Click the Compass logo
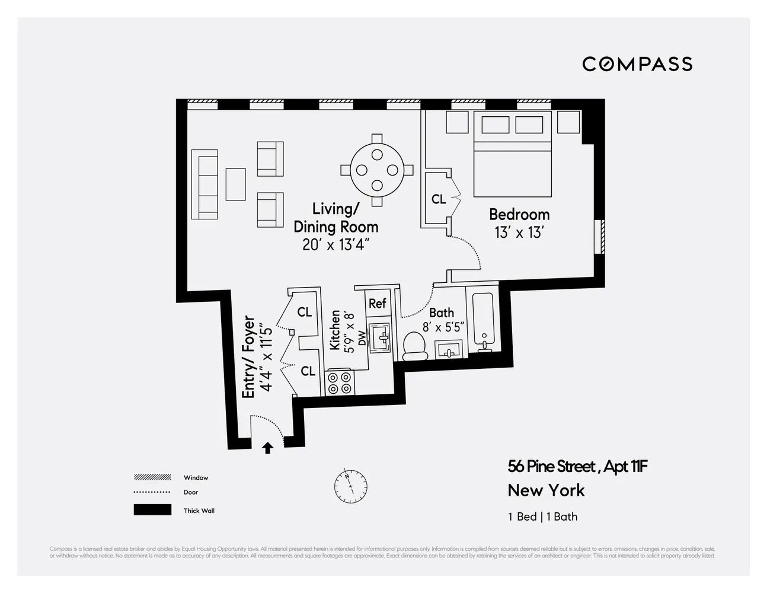(637, 64)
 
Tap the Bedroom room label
(519, 214)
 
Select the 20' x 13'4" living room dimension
(336, 244)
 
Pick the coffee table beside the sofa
(235, 184)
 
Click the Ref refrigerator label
(378, 304)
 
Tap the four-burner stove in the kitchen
(340, 382)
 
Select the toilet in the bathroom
(415, 346)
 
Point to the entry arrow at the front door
(267, 448)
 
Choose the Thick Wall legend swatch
(152, 510)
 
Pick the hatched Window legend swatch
(152, 477)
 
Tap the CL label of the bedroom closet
(439, 199)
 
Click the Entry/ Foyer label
(249, 357)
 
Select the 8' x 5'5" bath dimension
(443, 326)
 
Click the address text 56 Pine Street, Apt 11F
(577, 467)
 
